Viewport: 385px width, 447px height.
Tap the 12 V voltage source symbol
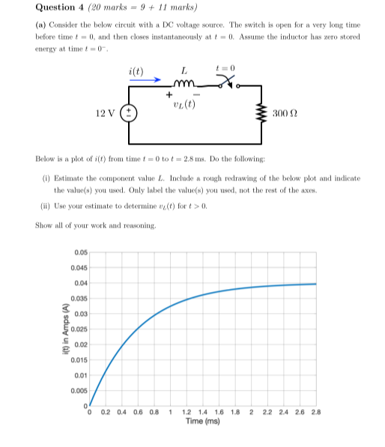point(130,114)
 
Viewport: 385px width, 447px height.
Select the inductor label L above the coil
point(184,70)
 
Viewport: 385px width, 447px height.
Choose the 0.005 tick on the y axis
point(78,389)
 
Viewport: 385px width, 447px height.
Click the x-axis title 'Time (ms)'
point(202,422)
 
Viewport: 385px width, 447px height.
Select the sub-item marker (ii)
point(45,205)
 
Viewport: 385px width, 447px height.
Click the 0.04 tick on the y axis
point(80,283)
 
